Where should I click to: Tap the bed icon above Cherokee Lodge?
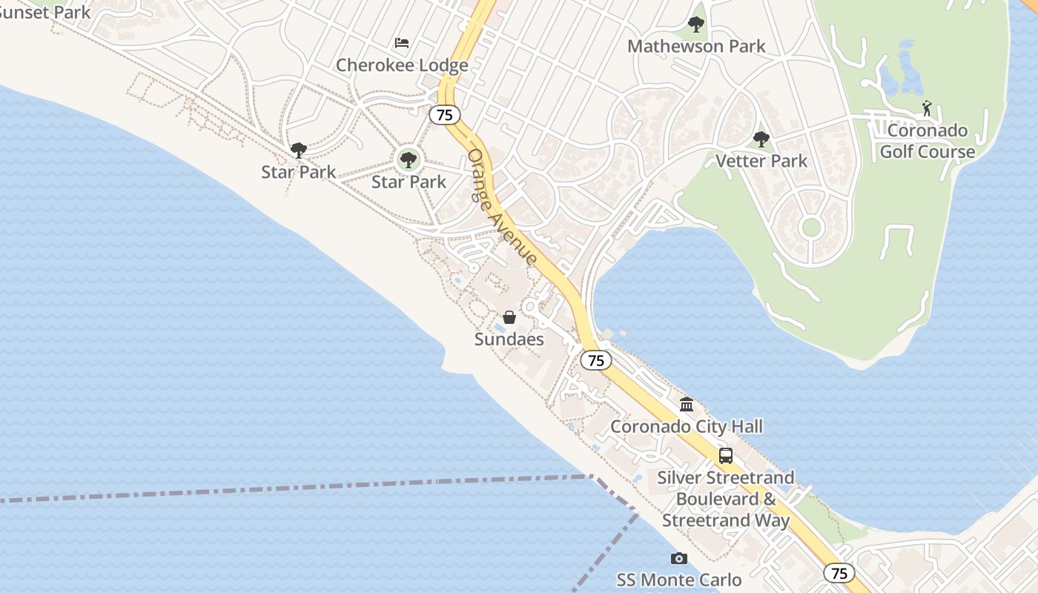coord(402,43)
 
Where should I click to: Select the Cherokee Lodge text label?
coord(402,65)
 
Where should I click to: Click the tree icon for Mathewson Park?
coord(695,24)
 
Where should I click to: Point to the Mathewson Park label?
coord(696,46)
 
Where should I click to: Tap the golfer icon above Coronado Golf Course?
coord(927,108)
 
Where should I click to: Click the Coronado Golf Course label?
coord(928,141)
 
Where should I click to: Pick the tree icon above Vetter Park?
coord(761,139)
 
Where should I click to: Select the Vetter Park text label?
coord(761,161)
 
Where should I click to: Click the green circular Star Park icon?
coord(408,159)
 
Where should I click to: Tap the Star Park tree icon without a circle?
coord(298,150)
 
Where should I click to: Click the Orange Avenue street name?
coord(502,207)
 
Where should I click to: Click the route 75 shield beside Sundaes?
coord(595,360)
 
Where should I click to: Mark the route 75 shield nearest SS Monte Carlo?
coord(839,573)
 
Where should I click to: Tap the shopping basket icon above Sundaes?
coord(509,317)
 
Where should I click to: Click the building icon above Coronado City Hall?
coord(687,405)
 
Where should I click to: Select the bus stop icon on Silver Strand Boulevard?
coord(725,456)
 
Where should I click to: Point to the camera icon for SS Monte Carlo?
coord(678,558)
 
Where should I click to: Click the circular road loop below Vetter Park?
coord(811,227)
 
